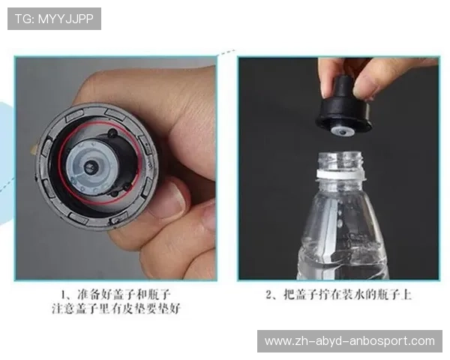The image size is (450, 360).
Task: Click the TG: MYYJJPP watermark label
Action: point(54,19)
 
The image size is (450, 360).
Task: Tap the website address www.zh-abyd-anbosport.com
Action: point(349,341)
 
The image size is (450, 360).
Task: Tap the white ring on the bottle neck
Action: point(342,174)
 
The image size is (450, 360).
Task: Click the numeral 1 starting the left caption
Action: point(66,294)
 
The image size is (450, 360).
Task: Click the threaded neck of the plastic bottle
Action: point(342,164)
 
